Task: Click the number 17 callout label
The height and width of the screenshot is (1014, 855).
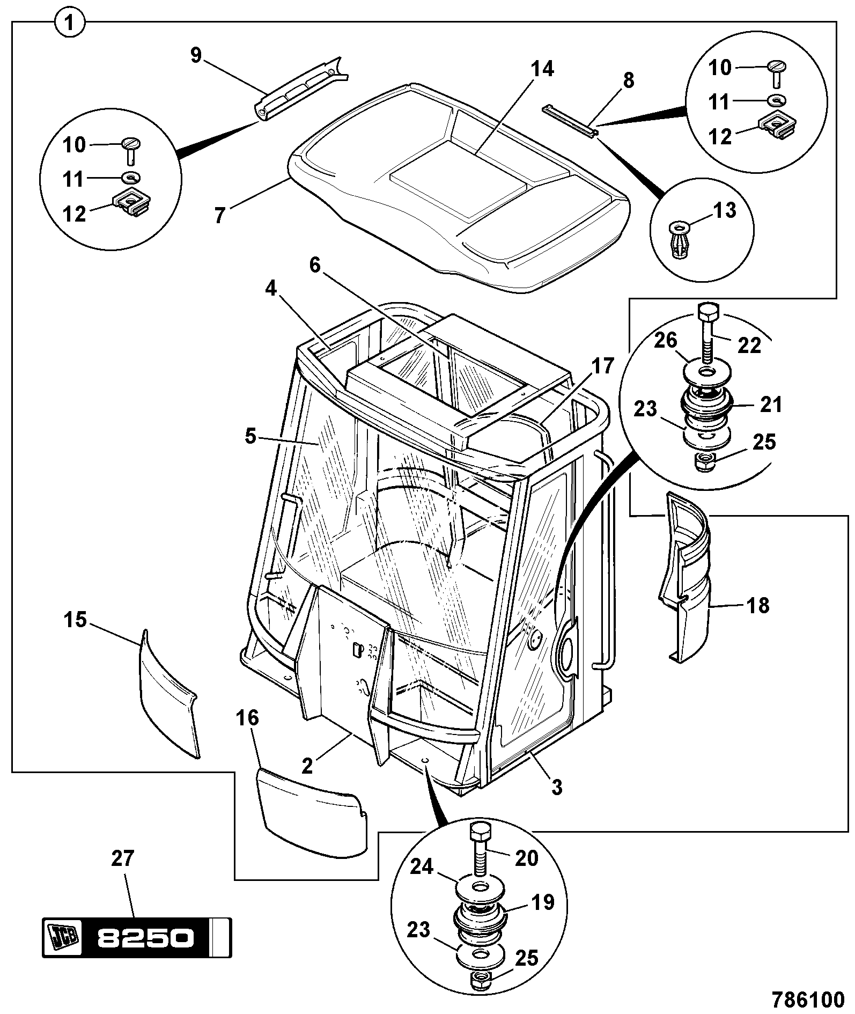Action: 602,367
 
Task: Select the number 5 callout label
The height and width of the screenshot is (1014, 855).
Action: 250,436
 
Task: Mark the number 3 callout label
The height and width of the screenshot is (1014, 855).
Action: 557,787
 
